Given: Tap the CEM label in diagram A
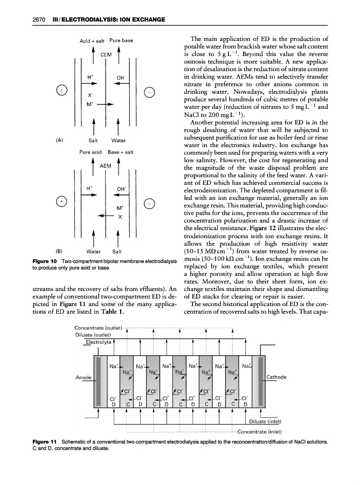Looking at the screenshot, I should pyautogui.click(x=105, y=54).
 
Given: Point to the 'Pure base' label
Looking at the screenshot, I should pyautogui.click(x=121, y=40).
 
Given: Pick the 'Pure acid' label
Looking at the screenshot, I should pyautogui.click(x=91, y=153).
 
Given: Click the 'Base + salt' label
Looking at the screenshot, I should pyautogui.click(x=123, y=153).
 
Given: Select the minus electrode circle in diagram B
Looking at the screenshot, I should pyautogui.click(x=151, y=203).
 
